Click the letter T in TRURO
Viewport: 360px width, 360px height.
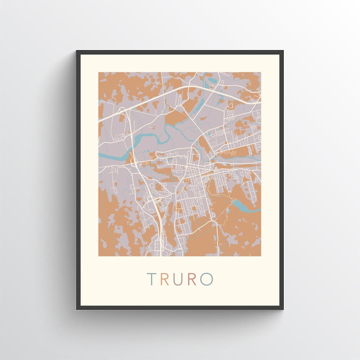152,279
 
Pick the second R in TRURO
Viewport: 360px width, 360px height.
192,279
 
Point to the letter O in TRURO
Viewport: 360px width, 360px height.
206,279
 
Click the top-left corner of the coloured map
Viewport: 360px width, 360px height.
99,72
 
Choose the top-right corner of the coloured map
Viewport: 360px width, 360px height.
261,72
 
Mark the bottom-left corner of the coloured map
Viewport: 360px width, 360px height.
99,256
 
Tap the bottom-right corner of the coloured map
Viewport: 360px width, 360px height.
261,256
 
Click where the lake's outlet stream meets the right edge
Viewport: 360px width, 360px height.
261,210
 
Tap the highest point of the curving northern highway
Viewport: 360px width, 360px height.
193,86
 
